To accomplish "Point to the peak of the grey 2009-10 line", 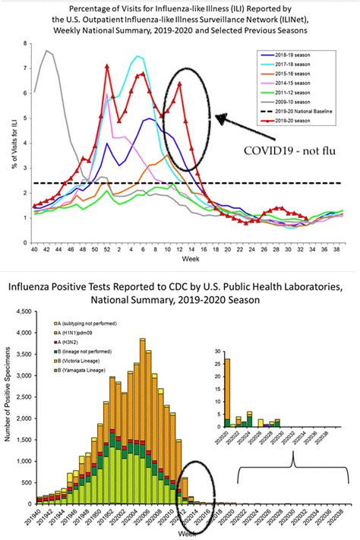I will (46, 51).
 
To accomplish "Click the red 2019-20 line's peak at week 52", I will (108, 66).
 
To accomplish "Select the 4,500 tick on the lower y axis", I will (24, 312).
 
